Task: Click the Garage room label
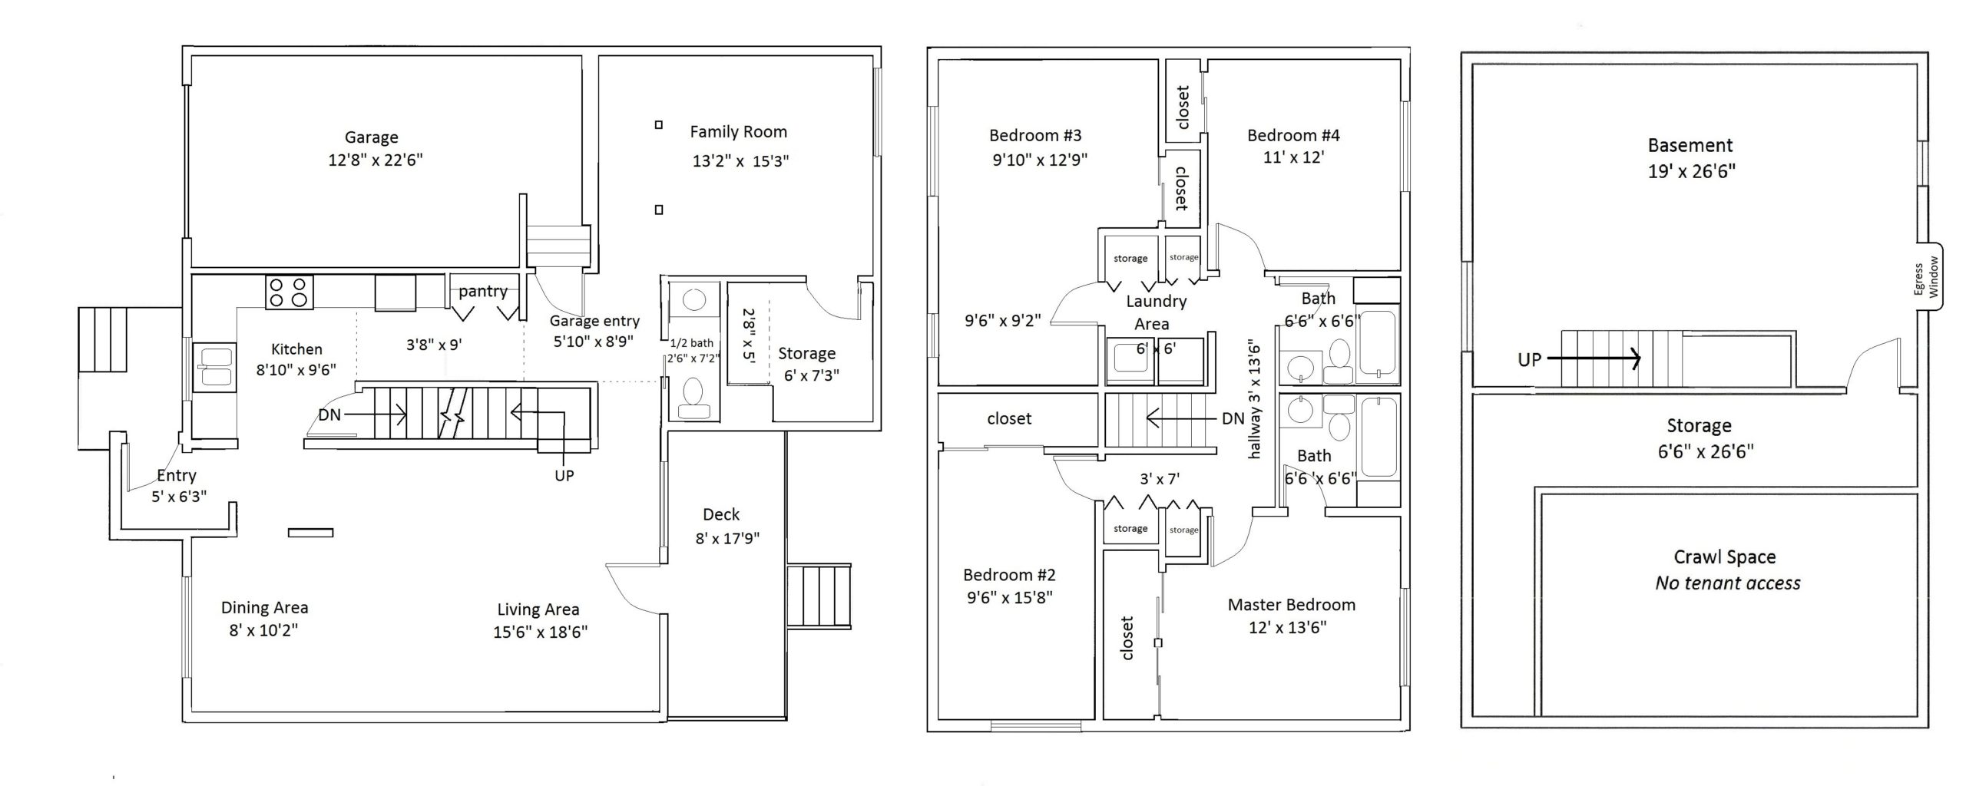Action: [371, 137]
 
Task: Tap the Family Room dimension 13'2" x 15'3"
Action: [740, 160]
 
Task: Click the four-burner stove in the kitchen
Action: [290, 292]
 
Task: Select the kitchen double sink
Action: [214, 367]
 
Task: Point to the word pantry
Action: [483, 292]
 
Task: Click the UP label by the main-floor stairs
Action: [564, 475]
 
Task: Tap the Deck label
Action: [721, 514]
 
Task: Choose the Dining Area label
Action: [264, 607]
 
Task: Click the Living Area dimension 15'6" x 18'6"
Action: [541, 632]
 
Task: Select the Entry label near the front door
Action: [177, 476]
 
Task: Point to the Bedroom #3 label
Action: [1035, 135]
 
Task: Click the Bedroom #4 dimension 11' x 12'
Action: [1294, 157]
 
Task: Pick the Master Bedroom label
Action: [1292, 605]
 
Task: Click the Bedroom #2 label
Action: [1009, 575]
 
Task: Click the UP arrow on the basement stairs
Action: [1594, 358]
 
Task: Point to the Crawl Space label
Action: [1725, 557]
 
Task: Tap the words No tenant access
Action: [1728, 583]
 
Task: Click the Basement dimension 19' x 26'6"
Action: [1692, 170]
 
